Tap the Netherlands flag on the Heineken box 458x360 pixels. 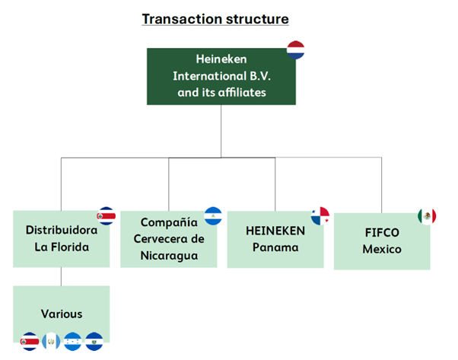pyautogui.click(x=295, y=52)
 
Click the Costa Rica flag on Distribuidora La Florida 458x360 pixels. pyautogui.click(x=107, y=215)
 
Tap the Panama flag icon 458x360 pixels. pyautogui.click(x=320, y=215)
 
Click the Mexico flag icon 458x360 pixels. pyautogui.click(x=427, y=216)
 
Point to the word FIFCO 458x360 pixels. pyautogui.click(x=381, y=233)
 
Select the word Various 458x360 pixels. pyautogui.click(x=62, y=314)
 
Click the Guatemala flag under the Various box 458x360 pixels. pyautogui.click(x=52, y=340)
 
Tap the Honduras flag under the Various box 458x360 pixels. pyautogui.click(x=73, y=340)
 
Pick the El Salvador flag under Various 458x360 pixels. pyautogui.click(x=94, y=340)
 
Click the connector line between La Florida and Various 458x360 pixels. pyautogui.click(x=62, y=276)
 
